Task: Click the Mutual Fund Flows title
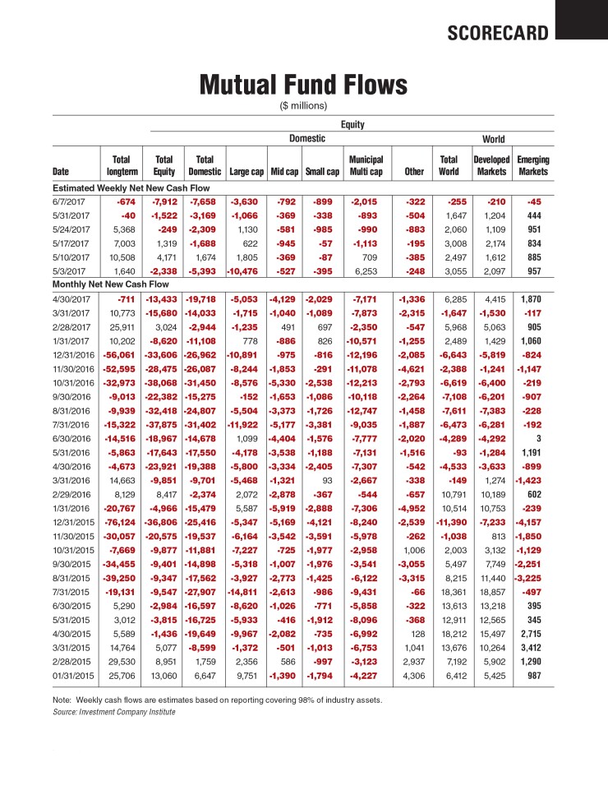click(304, 85)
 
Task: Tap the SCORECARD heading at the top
click(497, 33)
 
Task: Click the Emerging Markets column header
click(533, 165)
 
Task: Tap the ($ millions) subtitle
click(304, 105)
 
